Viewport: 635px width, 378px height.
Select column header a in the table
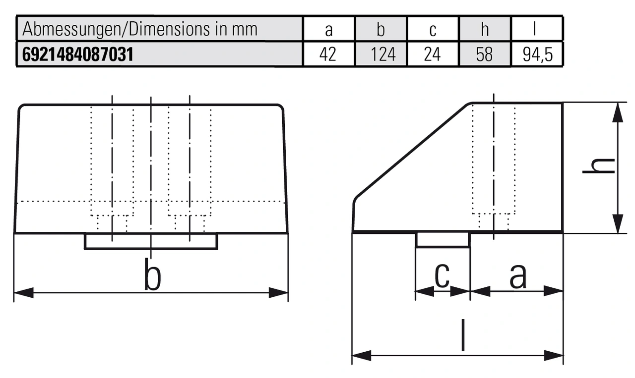328,30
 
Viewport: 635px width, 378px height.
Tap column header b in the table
381,30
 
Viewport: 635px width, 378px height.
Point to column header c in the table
433,30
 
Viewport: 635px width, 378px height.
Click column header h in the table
485,30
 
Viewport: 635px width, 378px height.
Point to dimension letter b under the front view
152,274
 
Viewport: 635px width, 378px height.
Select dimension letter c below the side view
442,275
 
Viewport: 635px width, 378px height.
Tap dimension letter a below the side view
518,275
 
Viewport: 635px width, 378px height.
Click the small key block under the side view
443,240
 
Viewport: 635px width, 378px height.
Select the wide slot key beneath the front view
151,241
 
